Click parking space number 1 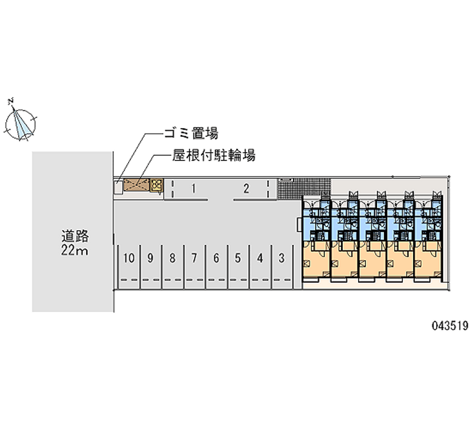(x=194, y=189)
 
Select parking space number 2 (x=246, y=189)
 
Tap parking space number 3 (x=281, y=258)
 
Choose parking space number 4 (x=260, y=258)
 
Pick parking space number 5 (x=238, y=258)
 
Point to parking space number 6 (x=216, y=258)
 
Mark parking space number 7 (x=194, y=258)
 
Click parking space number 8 (x=172, y=258)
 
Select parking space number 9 (x=150, y=258)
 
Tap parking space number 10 (x=129, y=258)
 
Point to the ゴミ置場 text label (x=191, y=133)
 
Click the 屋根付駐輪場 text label (x=214, y=155)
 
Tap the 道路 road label (x=76, y=236)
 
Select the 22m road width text (x=75, y=250)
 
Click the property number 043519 (x=450, y=325)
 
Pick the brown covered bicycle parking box (x=136, y=185)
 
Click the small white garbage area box (x=119, y=187)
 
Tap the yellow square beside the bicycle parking (x=157, y=185)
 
